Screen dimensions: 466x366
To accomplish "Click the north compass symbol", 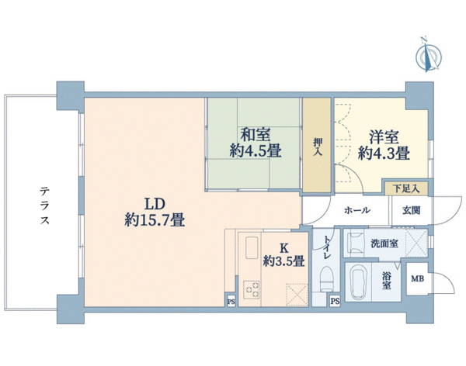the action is click(429, 55).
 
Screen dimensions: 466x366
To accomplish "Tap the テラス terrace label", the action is click(44, 205).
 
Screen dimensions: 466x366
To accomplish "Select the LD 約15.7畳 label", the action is click(155, 212).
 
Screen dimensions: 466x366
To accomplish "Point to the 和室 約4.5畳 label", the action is click(256, 143).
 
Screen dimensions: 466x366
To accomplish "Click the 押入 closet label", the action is click(317, 147).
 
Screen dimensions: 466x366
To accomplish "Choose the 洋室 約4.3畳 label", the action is click(384, 145).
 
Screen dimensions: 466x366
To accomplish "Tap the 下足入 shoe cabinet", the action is click(406, 188).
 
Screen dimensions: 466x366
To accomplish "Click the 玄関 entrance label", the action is click(412, 210).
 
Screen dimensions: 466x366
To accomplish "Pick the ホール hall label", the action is click(357, 210).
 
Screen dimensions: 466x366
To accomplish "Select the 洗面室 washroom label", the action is click(384, 243).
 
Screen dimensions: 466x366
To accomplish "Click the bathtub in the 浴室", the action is click(358, 282).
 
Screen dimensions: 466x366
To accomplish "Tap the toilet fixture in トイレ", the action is click(327, 278).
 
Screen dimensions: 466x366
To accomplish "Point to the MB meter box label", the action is click(418, 279).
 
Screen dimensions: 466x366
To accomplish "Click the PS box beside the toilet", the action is click(335, 302).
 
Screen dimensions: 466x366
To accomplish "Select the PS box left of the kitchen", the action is click(231, 302).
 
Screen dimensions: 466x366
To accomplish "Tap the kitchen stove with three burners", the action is click(252, 290).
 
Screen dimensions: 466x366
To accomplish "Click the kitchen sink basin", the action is click(252, 247).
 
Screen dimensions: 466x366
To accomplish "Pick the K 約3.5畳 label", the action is click(283, 254).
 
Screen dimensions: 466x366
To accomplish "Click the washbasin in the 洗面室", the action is click(356, 243).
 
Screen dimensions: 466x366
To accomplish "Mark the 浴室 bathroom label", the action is click(386, 281).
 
